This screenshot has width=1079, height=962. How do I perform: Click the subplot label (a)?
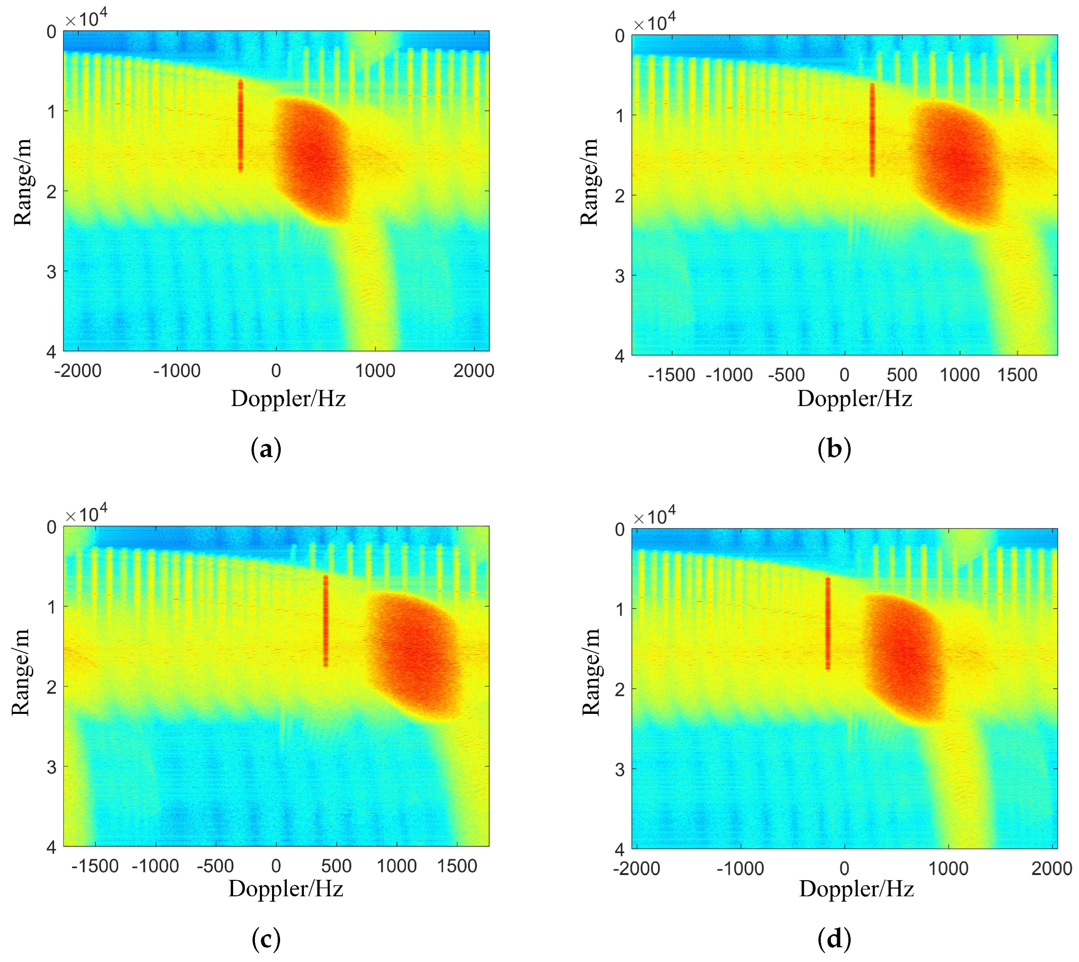266,449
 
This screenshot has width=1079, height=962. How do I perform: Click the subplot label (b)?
834,449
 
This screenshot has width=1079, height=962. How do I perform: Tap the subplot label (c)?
266,939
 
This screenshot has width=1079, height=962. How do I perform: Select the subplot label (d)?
834,939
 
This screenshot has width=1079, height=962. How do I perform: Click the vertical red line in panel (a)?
241,126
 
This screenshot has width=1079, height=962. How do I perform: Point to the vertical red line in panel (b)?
872,130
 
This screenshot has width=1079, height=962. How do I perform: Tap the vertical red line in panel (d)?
828,624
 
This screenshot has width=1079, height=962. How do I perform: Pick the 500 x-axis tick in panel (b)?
902,375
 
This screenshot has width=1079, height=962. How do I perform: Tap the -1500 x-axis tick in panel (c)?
95,866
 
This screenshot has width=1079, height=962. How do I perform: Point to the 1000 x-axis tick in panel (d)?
948,869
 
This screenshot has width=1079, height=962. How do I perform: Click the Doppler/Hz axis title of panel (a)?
288,399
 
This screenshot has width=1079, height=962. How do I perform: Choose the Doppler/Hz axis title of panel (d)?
856,889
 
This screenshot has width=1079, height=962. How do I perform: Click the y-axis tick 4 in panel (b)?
620,356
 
